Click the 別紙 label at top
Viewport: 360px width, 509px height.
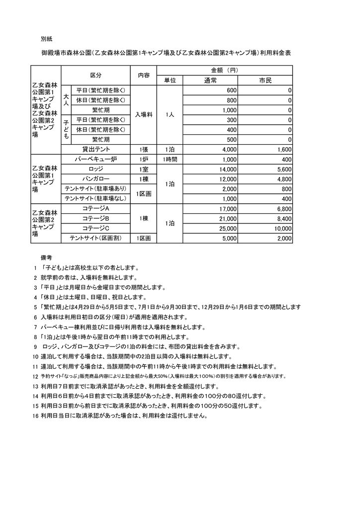[x=46, y=38]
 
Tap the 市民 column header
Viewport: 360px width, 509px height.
[x=266, y=81]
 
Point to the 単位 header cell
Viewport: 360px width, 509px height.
[x=170, y=81]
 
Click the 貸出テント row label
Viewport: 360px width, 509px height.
[x=96, y=149]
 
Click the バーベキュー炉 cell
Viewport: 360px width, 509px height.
[x=96, y=159]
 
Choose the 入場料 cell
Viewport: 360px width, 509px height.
[x=143, y=115]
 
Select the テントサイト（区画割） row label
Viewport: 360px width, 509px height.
[x=96, y=239]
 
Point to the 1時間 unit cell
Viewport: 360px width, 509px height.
[x=170, y=159]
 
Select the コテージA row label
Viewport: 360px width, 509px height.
[x=96, y=209]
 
